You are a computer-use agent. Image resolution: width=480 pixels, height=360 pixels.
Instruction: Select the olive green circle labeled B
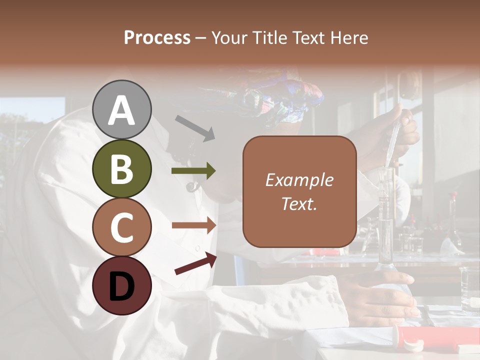click(121, 168)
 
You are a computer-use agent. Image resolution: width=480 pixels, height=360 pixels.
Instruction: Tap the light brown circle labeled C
click(121, 227)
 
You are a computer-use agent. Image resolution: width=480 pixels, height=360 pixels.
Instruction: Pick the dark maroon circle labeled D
click(121, 285)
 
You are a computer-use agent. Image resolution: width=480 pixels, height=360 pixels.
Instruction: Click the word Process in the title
click(157, 37)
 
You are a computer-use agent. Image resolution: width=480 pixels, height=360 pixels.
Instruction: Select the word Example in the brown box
click(299, 180)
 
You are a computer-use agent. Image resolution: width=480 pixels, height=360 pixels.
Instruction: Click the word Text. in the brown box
click(299, 203)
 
